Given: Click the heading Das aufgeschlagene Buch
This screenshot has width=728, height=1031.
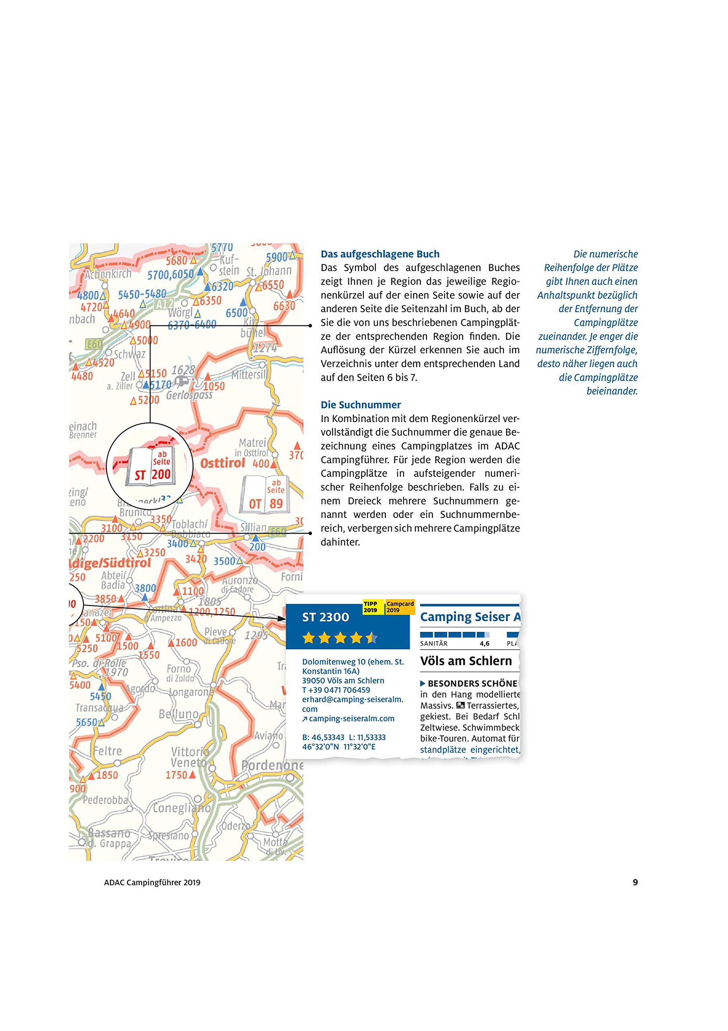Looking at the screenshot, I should coord(380,254).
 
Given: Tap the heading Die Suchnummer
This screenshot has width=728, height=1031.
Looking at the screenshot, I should coord(361,405).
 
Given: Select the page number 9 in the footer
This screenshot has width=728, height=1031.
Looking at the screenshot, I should coord(635,882).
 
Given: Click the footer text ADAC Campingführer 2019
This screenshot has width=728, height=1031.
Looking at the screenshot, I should coord(152,882).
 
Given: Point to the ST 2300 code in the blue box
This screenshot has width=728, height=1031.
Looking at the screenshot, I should coord(326,617).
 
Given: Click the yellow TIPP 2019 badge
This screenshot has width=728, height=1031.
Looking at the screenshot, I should coord(371,607).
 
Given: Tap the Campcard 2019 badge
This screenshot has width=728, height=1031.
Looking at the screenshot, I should coord(400,607).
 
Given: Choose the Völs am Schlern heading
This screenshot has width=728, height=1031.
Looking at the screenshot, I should coord(466,661).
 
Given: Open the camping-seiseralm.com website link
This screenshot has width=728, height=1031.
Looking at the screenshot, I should coord(351,718).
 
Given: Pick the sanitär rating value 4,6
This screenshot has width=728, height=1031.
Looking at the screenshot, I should coord(484,644).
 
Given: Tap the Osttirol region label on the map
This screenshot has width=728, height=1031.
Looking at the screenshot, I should coord(222,463).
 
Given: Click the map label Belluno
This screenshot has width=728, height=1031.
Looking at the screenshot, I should coord(178,714).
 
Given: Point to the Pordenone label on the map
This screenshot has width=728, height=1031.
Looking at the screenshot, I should coord(272,765).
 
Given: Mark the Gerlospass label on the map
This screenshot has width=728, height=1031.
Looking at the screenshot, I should coord(189,395).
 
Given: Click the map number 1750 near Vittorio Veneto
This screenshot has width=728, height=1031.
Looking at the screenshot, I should coord(176,775).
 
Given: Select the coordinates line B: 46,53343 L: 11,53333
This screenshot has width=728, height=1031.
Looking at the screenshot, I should coord(344,737).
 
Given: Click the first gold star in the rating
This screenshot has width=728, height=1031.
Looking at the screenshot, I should coord(309,638).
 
